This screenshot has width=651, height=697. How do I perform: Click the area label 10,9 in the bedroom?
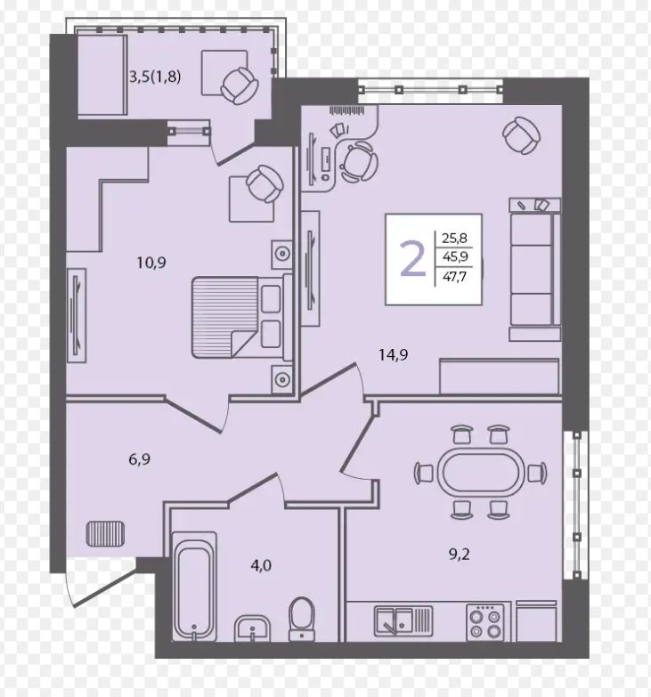151,263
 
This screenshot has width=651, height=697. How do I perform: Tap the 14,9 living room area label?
394,354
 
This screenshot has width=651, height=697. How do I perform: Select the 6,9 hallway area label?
139,459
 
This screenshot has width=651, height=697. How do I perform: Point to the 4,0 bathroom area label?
261,565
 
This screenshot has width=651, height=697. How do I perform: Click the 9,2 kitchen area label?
460,555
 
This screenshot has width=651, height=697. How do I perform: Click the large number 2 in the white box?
413,259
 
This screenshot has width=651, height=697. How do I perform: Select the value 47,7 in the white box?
454,277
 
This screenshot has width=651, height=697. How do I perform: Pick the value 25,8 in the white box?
454,238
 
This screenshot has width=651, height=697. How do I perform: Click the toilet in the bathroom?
302,619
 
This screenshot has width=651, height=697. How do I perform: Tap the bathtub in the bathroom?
194,587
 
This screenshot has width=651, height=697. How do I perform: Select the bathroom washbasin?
252,628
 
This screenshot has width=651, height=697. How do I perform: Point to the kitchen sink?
403,621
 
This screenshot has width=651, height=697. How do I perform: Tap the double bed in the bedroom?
242,317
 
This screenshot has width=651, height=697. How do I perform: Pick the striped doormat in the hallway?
105,534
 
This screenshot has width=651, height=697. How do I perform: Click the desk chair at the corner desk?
359,162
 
